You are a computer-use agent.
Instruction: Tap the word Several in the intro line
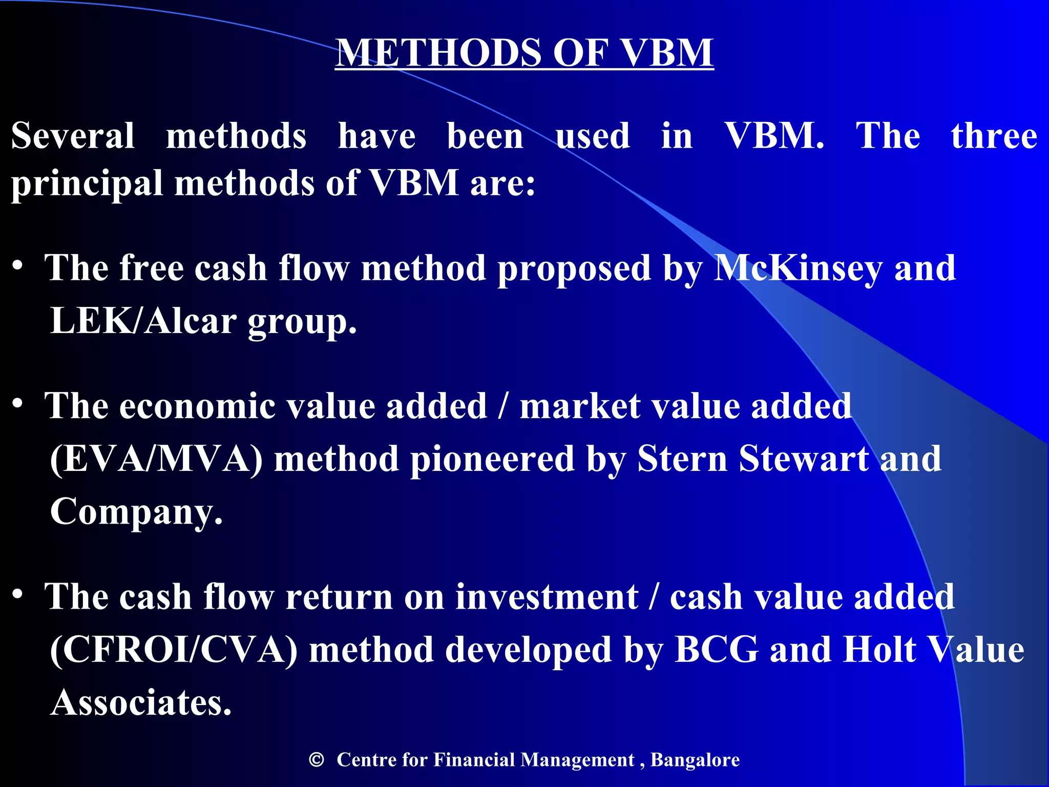(73, 136)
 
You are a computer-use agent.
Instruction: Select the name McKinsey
(798, 268)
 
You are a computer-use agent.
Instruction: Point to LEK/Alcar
(143, 321)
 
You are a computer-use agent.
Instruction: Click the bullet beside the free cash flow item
(18, 266)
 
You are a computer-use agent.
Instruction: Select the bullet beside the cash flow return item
(18, 594)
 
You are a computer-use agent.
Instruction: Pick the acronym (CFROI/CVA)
(174, 650)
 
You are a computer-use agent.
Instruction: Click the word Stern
(682, 459)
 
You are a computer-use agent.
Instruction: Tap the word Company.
(136, 511)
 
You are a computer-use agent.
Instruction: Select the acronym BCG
(717, 650)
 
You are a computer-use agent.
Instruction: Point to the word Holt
(879, 650)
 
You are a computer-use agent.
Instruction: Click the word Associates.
(141, 703)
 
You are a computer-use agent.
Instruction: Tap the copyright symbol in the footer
(317, 760)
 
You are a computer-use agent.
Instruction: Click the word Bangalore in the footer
(695, 760)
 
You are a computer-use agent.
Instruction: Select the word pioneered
(492, 459)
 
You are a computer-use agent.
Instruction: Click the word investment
(547, 597)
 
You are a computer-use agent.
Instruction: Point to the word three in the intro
(994, 136)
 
